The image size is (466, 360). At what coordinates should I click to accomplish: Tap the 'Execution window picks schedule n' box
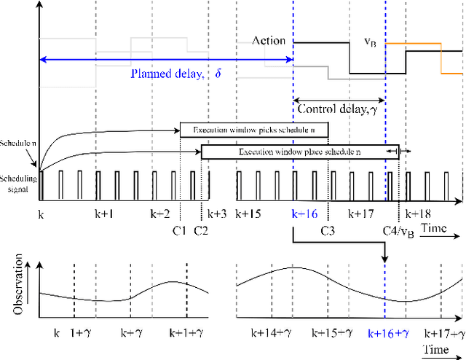[x=254, y=130]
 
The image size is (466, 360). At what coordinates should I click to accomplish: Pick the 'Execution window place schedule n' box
[x=300, y=152]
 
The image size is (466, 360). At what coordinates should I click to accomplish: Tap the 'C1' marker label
[x=181, y=231]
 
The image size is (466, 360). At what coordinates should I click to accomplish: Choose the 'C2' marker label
[x=202, y=231]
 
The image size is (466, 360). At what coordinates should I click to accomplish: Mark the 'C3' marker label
[x=328, y=231]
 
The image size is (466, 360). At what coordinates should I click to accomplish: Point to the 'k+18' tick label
[x=419, y=214]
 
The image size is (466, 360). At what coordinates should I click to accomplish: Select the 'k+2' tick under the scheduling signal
[x=160, y=214]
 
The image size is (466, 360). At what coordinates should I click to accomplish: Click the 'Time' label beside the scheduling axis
[x=435, y=229]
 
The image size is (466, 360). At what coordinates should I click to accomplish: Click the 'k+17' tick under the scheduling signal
[x=360, y=214]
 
